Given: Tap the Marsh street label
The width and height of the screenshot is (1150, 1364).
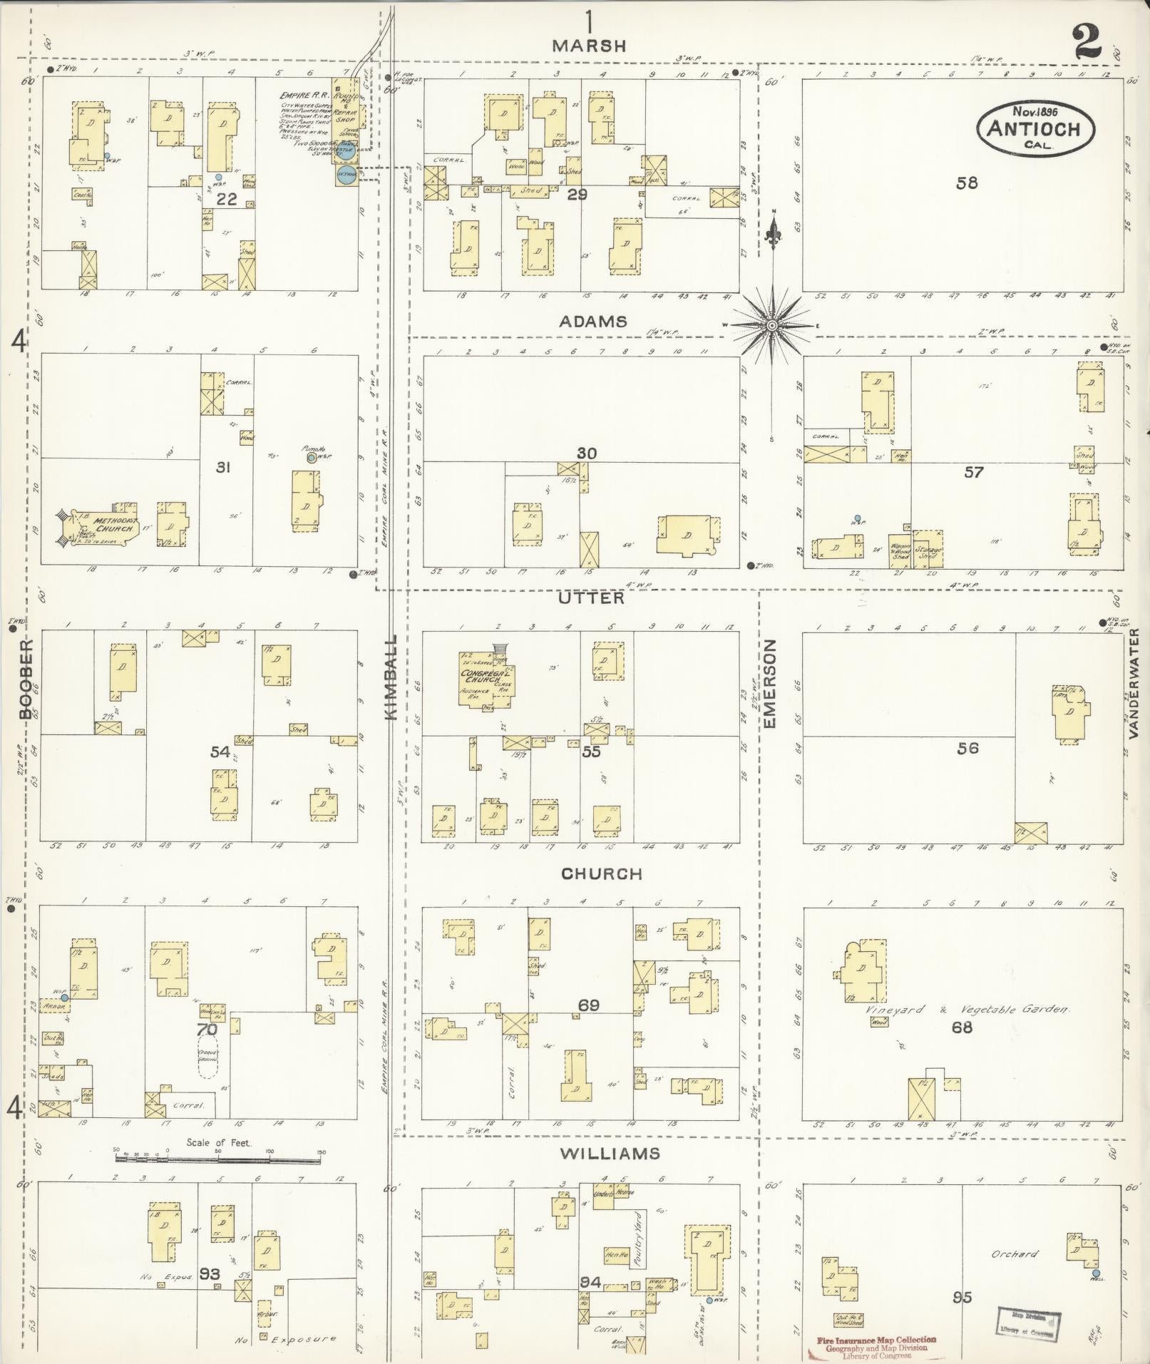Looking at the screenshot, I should (590, 46).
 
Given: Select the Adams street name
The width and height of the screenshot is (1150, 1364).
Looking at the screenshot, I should (593, 322).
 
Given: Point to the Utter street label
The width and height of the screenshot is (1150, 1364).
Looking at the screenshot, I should (591, 598).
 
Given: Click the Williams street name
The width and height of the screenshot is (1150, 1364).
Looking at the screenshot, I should (610, 1154).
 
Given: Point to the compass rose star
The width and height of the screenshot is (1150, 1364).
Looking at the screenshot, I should (772, 326).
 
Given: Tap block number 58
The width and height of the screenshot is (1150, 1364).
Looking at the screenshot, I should (967, 183).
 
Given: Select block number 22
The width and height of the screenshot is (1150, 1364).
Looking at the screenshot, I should (227, 200).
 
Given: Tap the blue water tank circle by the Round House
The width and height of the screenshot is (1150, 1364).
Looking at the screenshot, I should (346, 175).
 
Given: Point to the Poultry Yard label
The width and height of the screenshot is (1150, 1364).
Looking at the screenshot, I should (639, 1239).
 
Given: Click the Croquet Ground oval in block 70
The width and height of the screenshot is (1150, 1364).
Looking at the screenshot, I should (208, 1060).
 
